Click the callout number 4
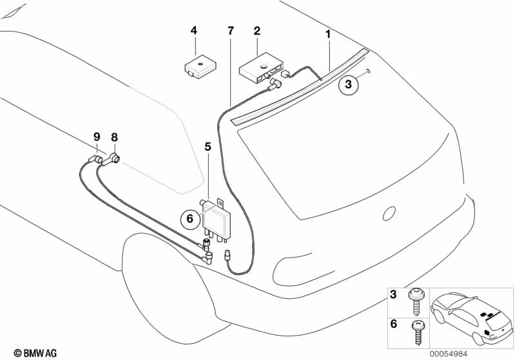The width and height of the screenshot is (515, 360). [x=194, y=31]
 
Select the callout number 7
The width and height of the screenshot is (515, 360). [x=231, y=31]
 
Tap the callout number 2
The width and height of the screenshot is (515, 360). [x=257, y=31]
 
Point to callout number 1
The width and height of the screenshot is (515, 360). [x=327, y=33]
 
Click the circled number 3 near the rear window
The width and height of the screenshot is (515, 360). [x=348, y=84]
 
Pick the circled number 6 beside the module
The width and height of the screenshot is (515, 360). [x=190, y=218]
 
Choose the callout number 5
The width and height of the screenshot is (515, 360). [x=208, y=147]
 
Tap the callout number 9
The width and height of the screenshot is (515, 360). [x=96, y=137]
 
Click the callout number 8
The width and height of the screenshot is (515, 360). [x=114, y=137]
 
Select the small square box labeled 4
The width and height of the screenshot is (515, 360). [x=200, y=67]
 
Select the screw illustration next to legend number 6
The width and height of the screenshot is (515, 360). [x=418, y=332]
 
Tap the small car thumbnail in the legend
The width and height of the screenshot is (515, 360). [x=472, y=318]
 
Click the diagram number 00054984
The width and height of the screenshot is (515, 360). [x=449, y=354]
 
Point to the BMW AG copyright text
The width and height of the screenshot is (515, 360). [x=35, y=353]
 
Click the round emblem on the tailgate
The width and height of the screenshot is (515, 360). [x=389, y=214]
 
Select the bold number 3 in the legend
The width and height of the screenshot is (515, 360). [x=393, y=294]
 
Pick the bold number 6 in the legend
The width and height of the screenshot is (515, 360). [x=393, y=324]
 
